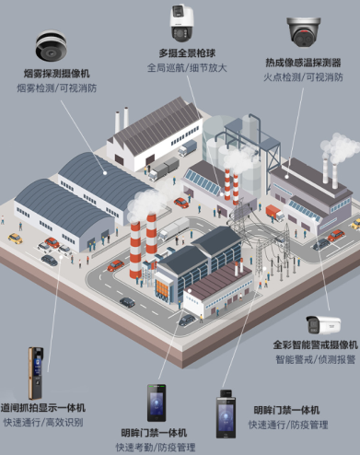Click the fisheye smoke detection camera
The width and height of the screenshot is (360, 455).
point(51,45)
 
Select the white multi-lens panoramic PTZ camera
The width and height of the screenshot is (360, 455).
point(181,23)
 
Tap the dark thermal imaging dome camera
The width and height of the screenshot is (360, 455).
point(304,32)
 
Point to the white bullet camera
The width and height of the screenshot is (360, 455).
point(323,324)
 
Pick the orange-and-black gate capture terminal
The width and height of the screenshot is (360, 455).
point(36,373)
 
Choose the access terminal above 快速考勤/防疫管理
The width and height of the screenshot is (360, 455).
point(157,402)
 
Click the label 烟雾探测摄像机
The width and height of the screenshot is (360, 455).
point(57,74)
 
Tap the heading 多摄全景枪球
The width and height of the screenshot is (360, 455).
point(187,53)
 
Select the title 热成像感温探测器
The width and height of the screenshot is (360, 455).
point(303,63)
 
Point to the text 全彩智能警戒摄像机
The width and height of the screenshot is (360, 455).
point(316,344)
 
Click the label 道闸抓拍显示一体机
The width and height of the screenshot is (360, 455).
point(43,408)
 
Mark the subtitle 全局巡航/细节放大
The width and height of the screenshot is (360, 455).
point(187,67)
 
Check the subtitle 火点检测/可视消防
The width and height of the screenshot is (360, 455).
point(303,77)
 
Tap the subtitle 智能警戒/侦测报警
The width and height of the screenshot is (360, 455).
point(316,359)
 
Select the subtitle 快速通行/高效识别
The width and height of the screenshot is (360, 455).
point(43,423)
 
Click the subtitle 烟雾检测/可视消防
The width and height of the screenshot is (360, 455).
point(57,88)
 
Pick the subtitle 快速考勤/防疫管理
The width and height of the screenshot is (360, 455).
point(156,447)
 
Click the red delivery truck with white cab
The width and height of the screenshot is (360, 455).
point(275,213)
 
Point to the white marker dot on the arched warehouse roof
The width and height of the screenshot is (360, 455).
point(105,173)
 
